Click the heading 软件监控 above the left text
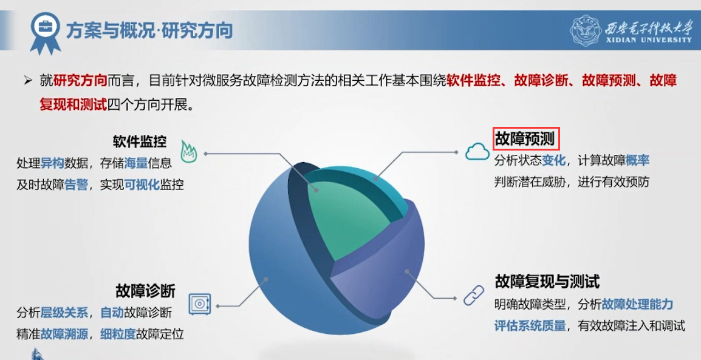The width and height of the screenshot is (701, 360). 140,141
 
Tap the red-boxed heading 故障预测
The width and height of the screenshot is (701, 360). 526,139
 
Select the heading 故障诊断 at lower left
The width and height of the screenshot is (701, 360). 145,291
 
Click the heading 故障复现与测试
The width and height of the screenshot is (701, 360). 547,282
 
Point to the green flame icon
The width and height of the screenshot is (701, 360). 189,151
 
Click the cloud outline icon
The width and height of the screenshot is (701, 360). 477,152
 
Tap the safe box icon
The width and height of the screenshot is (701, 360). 199,304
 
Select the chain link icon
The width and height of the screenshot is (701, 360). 473,295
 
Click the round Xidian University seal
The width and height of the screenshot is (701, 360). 585,30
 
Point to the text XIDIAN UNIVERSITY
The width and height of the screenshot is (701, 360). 649,39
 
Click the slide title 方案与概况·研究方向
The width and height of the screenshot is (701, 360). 149,30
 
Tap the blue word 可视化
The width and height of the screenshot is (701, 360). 142,185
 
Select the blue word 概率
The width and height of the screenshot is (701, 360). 637,160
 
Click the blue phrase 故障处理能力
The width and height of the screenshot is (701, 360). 637,304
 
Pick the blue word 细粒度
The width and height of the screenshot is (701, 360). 118,334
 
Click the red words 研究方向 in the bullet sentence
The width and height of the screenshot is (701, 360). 80,80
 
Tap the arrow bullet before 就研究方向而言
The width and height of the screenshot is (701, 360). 28,81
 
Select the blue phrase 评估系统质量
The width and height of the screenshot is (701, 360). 530,325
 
